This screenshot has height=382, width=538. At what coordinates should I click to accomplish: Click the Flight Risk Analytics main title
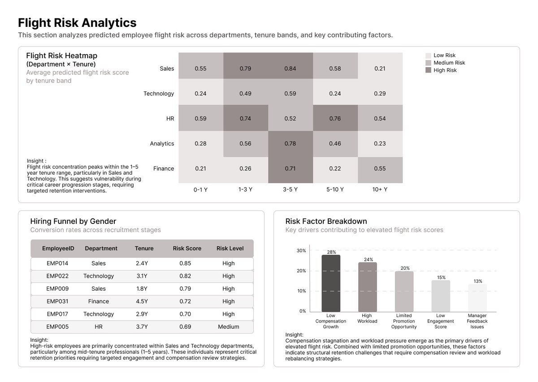tap(77, 23)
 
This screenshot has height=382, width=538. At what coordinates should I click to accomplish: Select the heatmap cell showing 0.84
tap(290, 69)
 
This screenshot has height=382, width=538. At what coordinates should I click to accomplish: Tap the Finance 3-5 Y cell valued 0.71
tap(290, 169)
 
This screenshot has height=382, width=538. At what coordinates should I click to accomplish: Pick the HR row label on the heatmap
tap(169, 119)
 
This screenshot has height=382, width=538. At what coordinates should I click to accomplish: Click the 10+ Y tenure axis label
tap(380, 189)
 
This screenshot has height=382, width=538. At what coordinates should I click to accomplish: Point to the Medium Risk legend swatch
tap(428, 63)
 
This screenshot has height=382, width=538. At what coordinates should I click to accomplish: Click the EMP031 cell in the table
tap(57, 301)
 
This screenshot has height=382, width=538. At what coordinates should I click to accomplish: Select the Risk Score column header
tap(187, 249)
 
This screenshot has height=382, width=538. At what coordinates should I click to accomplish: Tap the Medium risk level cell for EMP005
tap(228, 327)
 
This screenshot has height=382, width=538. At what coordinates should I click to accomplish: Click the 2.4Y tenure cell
tap(142, 263)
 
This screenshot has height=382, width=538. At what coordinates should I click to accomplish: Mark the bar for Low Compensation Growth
tap(331, 283)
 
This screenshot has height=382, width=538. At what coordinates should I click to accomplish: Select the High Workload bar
tap(367, 287)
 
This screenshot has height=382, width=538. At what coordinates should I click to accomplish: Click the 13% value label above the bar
tap(478, 281)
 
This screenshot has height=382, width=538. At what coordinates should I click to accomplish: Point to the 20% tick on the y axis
tap(301, 271)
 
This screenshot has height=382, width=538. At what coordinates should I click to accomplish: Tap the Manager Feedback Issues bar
tap(477, 298)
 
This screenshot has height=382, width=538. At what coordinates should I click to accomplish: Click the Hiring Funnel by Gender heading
tap(73, 221)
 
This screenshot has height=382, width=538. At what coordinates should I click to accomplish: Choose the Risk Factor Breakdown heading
tap(326, 221)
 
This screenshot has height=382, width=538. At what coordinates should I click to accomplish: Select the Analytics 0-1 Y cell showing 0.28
tap(200, 144)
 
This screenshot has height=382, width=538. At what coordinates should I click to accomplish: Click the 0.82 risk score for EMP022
tap(185, 276)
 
